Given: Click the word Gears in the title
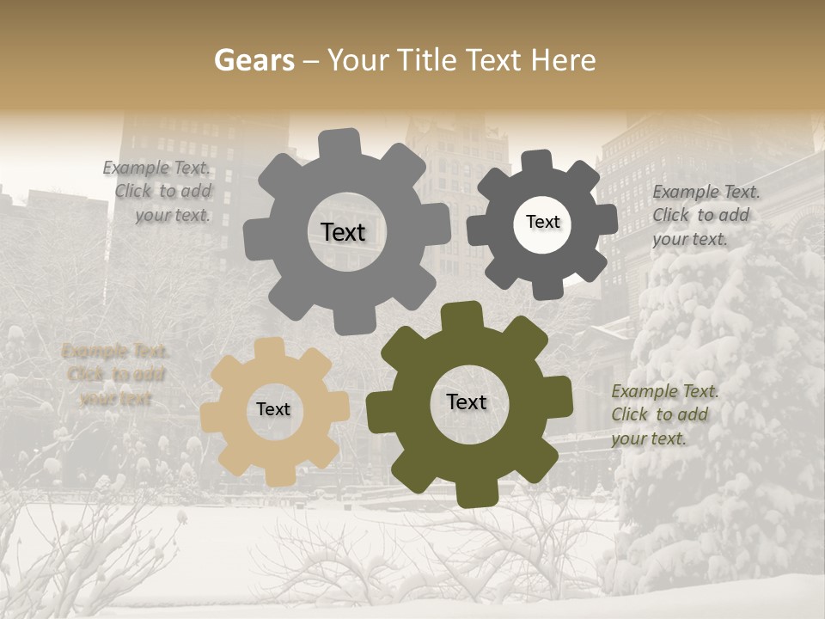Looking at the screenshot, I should point(254,60).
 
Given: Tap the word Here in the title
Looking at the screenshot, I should point(564,60).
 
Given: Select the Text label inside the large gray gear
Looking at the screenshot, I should point(343,232).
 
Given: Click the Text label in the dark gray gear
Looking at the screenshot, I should point(542,222).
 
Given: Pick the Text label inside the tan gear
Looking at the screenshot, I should point(273,409).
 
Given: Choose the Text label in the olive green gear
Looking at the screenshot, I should point(467,401).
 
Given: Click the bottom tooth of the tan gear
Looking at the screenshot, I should point(278,475).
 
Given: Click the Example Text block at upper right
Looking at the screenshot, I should point(705,215).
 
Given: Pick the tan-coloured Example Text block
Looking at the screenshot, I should point(115,375).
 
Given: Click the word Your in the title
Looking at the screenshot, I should point(359,60).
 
